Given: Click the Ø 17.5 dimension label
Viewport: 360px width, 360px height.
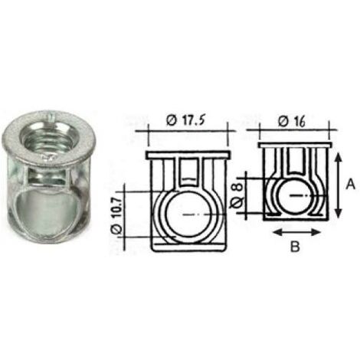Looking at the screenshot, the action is point(185,120).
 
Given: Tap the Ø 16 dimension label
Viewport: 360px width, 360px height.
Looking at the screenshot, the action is point(292,121).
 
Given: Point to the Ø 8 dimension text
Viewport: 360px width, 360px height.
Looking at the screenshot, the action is point(237,195).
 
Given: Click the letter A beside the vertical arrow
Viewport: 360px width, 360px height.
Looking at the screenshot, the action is point(350,184).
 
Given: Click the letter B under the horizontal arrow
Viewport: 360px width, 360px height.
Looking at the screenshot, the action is point(295,247).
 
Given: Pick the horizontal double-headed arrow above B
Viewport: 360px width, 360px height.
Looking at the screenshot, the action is point(296,232).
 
